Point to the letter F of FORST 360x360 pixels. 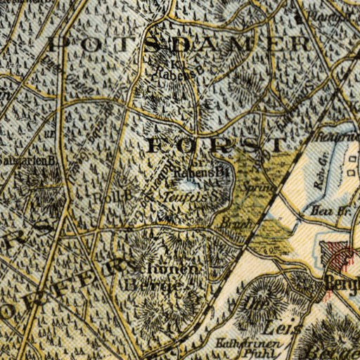pos(159,146)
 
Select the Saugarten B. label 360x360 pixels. pos(30,160)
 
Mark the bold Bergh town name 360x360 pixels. pos(342,284)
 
